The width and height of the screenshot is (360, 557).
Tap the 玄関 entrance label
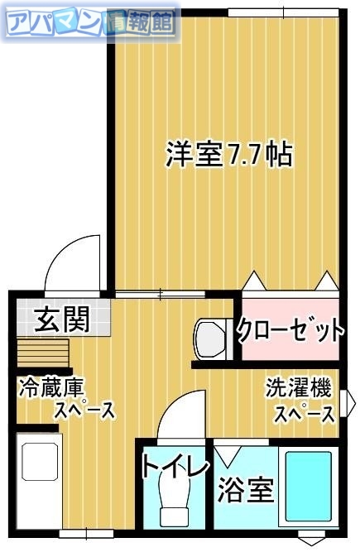tap(61, 319)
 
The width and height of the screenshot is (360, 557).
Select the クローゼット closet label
tap(290, 331)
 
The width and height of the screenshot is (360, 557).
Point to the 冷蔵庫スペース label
tap(66, 399)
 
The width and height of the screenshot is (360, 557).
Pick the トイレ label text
tap(175, 467)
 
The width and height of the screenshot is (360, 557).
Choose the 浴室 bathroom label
tap(245, 490)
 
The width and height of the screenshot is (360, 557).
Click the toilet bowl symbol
tap(176, 500)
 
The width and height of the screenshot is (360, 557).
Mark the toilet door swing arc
tap(179, 415)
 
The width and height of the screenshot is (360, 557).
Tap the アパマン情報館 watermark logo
tap(91, 24)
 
